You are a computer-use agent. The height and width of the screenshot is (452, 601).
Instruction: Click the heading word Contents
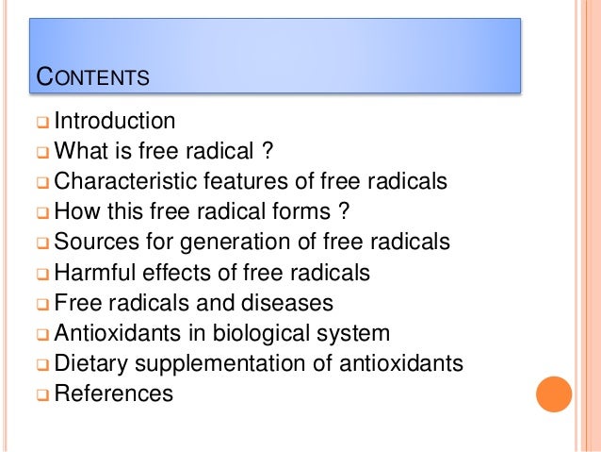tap(91, 75)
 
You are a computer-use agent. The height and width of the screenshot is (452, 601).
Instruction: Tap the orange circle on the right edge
tap(554, 393)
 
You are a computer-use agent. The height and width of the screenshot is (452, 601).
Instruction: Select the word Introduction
tap(115, 122)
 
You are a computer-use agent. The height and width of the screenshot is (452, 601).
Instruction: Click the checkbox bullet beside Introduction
tap(42, 123)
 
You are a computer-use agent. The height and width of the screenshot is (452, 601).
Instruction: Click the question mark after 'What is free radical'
tap(268, 152)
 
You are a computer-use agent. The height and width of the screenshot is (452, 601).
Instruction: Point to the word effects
tap(175, 273)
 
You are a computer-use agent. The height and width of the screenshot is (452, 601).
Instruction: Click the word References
tap(114, 393)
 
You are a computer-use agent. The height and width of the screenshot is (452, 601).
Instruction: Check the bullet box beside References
tap(42, 394)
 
